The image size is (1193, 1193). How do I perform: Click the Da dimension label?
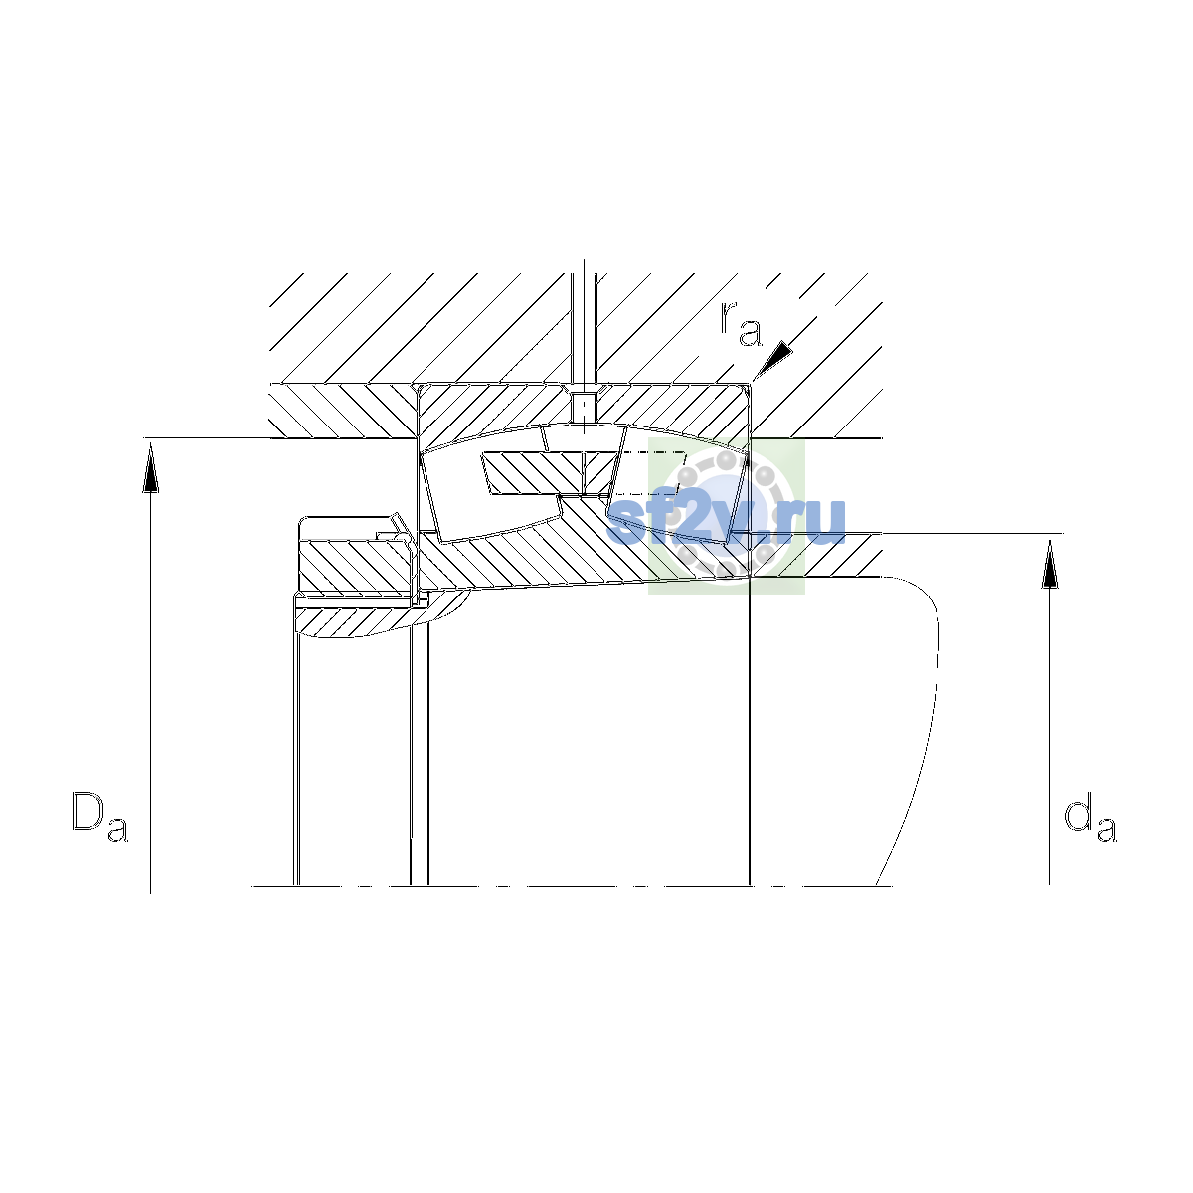[99, 816]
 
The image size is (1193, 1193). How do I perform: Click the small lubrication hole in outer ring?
[585, 405]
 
